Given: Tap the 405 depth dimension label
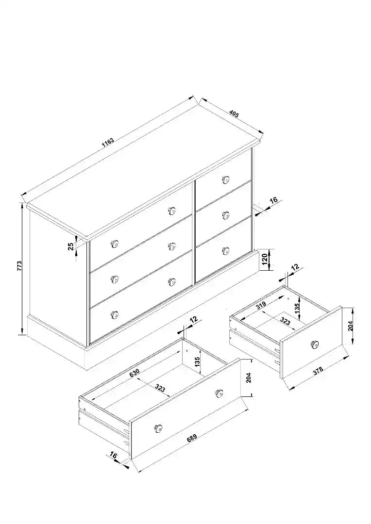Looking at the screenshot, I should click(234, 115).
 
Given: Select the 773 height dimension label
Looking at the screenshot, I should click(19, 265).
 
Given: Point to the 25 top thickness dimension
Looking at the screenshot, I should click(71, 246).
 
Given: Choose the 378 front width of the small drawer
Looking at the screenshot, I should click(318, 371).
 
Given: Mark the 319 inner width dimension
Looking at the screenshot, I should click(261, 305).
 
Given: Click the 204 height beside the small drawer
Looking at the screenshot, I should click(351, 325).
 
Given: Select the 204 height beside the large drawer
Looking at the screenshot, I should click(248, 377).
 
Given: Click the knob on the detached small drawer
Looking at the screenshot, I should click(315, 344).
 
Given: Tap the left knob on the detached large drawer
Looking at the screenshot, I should click(158, 427).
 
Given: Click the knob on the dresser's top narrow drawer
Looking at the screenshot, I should click(225, 180).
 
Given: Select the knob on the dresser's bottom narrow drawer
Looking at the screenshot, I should click(225, 250).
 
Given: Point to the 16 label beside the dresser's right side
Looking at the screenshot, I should click(273, 200).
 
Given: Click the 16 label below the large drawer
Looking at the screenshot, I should click(114, 455).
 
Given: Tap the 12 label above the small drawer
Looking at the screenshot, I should click(295, 267).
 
